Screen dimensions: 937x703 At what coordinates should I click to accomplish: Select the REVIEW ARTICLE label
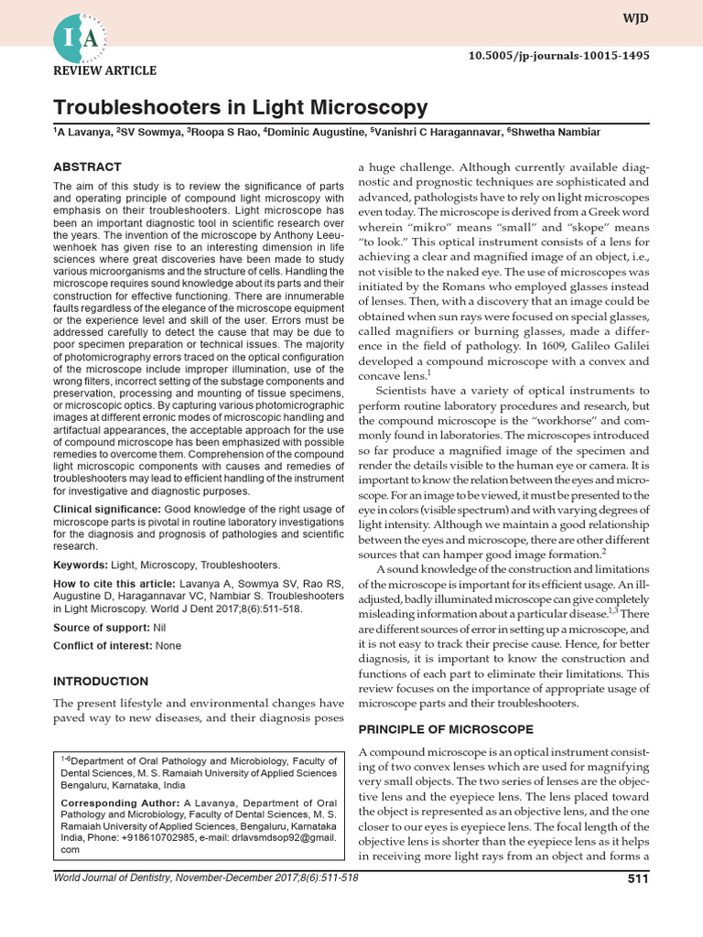[x=105, y=70]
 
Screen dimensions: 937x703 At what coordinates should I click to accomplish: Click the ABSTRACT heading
[x=87, y=167]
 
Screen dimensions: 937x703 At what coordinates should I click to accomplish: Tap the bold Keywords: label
[x=80, y=565]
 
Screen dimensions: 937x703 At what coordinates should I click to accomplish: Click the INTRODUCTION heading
[x=101, y=682]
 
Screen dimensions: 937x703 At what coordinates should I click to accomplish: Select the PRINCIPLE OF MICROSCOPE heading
[x=446, y=729]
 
